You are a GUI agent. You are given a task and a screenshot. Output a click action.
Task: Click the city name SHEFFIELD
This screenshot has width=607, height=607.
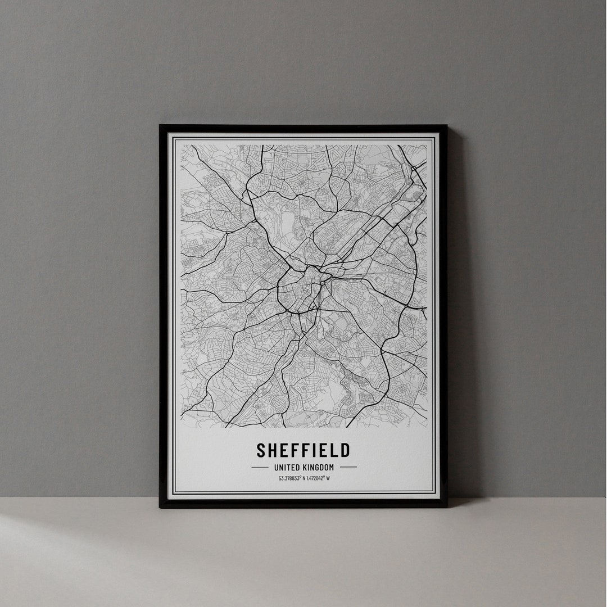(x=303, y=450)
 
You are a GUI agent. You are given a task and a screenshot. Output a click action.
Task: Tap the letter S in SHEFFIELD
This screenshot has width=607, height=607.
(x=261, y=450)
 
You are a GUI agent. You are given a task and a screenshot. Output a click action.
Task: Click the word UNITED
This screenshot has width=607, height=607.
(x=286, y=467)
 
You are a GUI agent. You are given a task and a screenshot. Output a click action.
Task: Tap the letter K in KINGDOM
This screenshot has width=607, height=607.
(x=304, y=467)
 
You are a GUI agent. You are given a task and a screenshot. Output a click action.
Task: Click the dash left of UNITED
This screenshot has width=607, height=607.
(x=260, y=467)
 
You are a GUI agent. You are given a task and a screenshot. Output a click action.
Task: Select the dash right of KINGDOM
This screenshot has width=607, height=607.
(x=348, y=467)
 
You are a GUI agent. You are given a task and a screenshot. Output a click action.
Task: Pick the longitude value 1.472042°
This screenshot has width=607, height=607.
(x=314, y=479)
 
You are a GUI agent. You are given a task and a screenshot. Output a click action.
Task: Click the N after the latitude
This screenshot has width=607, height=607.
(x=303, y=479)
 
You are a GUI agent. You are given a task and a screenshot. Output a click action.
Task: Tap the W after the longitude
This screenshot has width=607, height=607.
(x=328, y=479)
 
